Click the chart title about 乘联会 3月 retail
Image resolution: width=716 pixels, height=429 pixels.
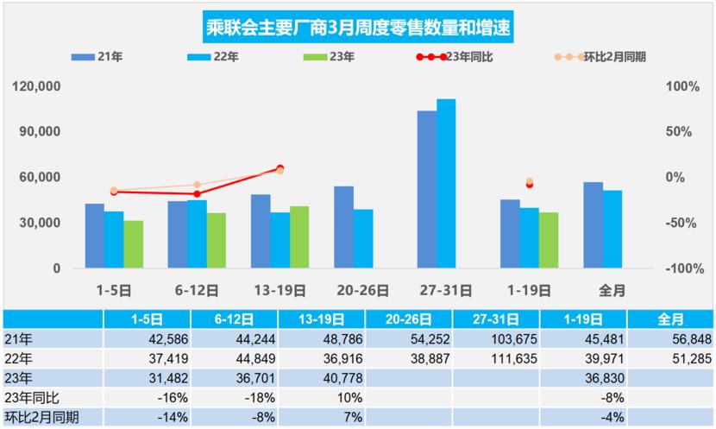(x=357, y=27)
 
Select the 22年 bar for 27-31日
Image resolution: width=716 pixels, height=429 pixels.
(x=446, y=184)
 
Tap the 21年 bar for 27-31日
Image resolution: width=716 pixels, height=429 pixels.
(x=426, y=189)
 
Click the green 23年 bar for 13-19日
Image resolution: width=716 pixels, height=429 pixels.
(x=299, y=237)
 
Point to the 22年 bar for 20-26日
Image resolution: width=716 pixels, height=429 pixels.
(x=363, y=238)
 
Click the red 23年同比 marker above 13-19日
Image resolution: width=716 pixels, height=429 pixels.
(x=279, y=169)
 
